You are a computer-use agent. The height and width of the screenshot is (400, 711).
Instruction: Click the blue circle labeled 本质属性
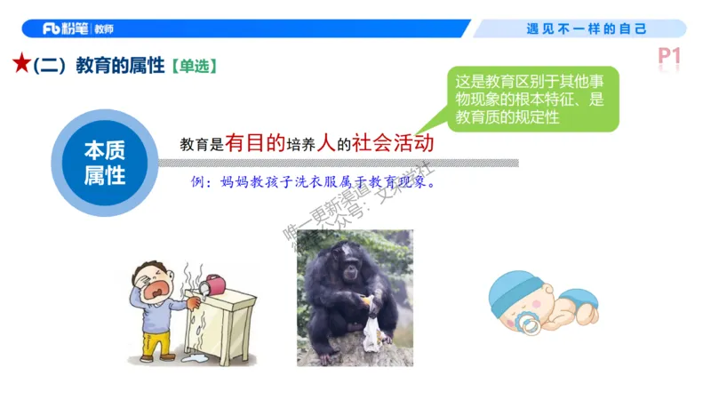click(104, 162)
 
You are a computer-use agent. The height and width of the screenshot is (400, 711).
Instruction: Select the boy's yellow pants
click(157, 342)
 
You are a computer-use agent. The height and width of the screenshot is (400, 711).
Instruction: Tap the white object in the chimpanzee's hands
click(370, 332)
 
